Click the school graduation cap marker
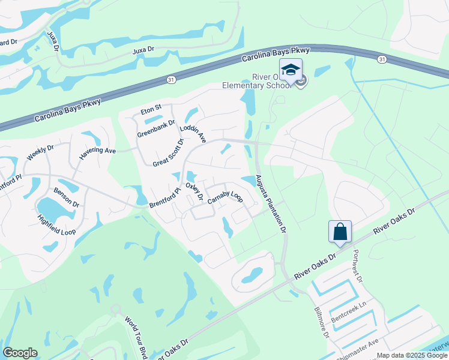point(291,70)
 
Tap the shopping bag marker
point(340,231)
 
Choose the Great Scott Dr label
point(167,154)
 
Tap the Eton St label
point(151,109)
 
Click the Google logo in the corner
point(20,352)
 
